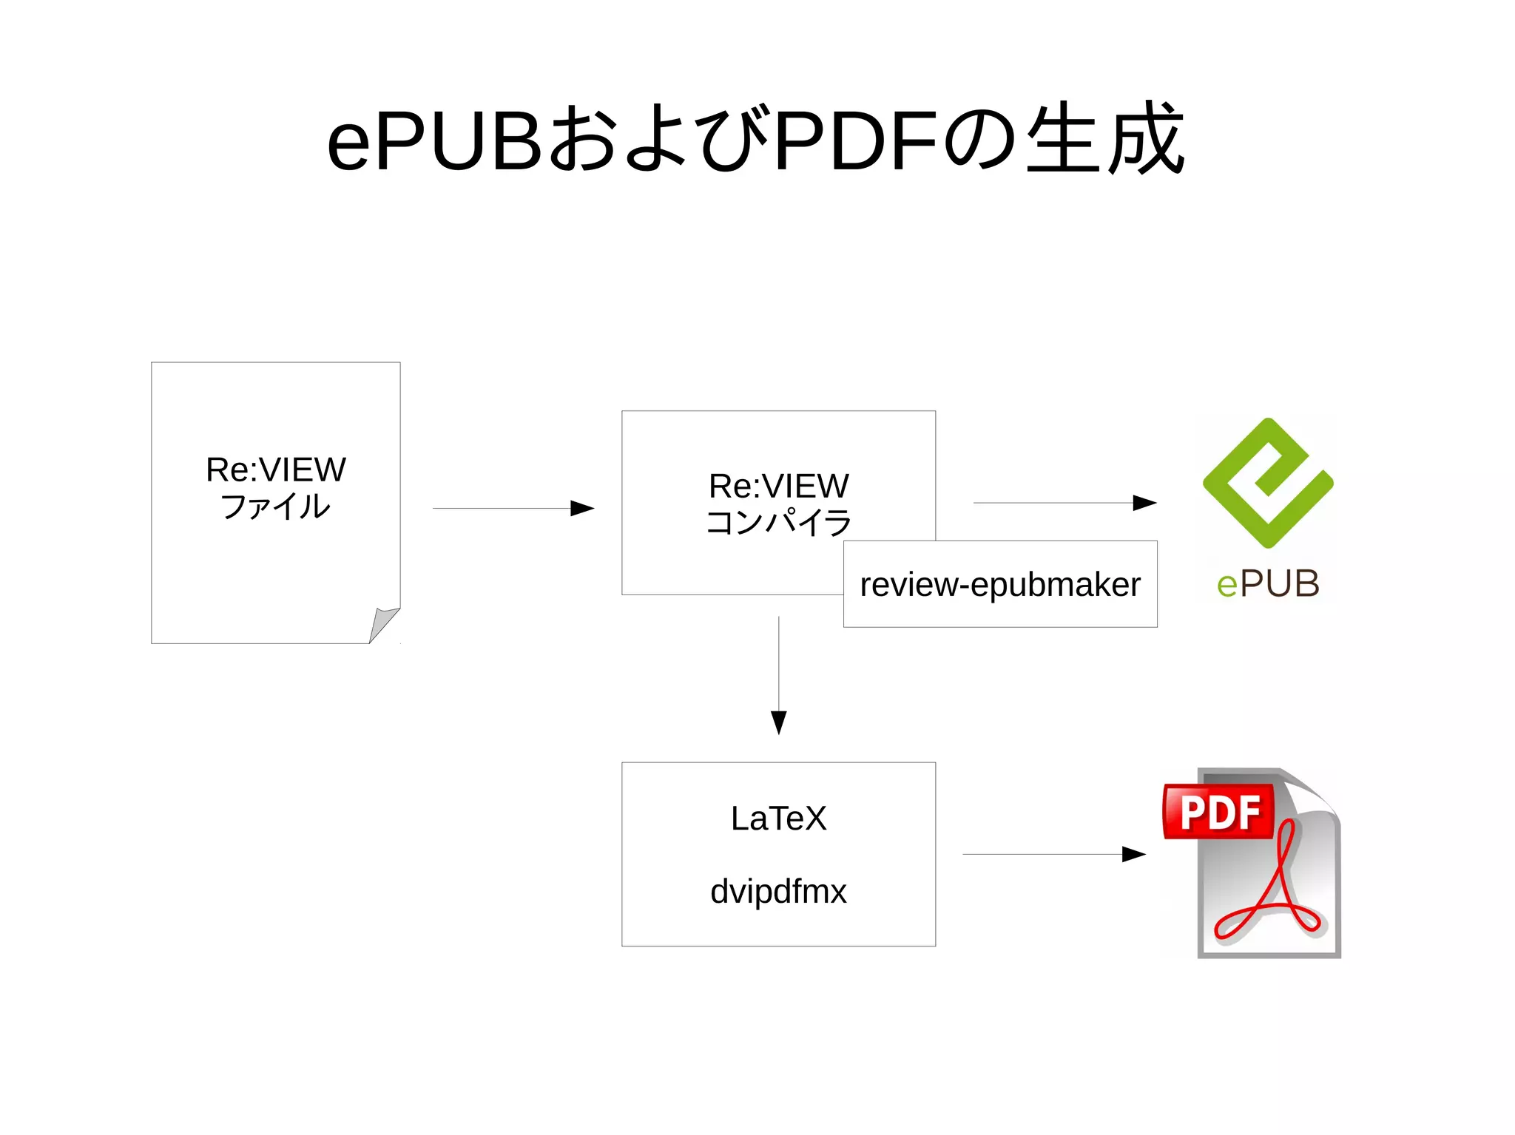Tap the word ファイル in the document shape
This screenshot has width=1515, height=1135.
point(275,507)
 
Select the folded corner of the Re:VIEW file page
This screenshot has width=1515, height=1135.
point(383,624)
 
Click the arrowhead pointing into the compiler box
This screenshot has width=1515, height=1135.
point(583,508)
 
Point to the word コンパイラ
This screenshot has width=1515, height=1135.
point(778,522)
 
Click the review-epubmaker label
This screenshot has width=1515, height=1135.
point(1000,584)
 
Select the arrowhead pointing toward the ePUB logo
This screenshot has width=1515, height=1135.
point(1144,503)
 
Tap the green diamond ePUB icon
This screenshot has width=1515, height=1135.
point(1267,482)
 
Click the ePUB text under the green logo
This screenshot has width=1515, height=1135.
point(1268,584)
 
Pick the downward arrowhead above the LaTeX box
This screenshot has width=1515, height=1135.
point(778,722)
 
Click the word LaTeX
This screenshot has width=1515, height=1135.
point(778,819)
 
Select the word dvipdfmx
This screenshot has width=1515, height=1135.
point(778,892)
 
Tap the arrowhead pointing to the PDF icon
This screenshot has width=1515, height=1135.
point(1133,854)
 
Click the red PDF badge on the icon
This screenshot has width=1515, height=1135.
point(1219,812)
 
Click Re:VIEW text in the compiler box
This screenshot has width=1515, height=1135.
point(778,486)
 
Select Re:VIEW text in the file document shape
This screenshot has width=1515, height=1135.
point(275,470)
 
